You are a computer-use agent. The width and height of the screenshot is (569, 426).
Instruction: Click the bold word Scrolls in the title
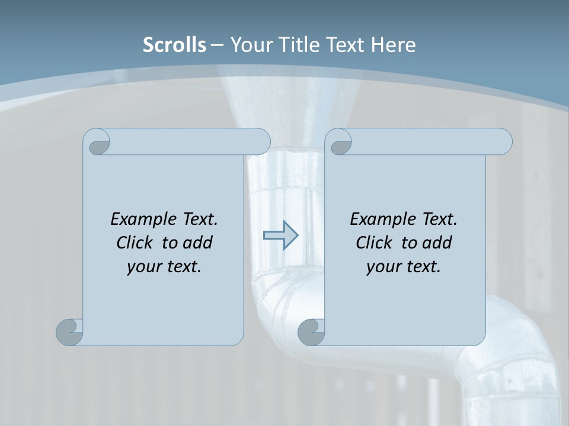[174, 45]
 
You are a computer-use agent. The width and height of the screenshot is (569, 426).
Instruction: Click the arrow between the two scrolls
[280, 235]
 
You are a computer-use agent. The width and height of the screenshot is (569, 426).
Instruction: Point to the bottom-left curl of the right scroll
[312, 332]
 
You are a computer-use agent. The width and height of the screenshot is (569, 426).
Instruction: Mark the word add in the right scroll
[437, 243]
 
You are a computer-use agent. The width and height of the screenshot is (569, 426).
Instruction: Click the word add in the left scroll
[197, 243]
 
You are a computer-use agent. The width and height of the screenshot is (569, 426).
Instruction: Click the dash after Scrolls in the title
[217, 45]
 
